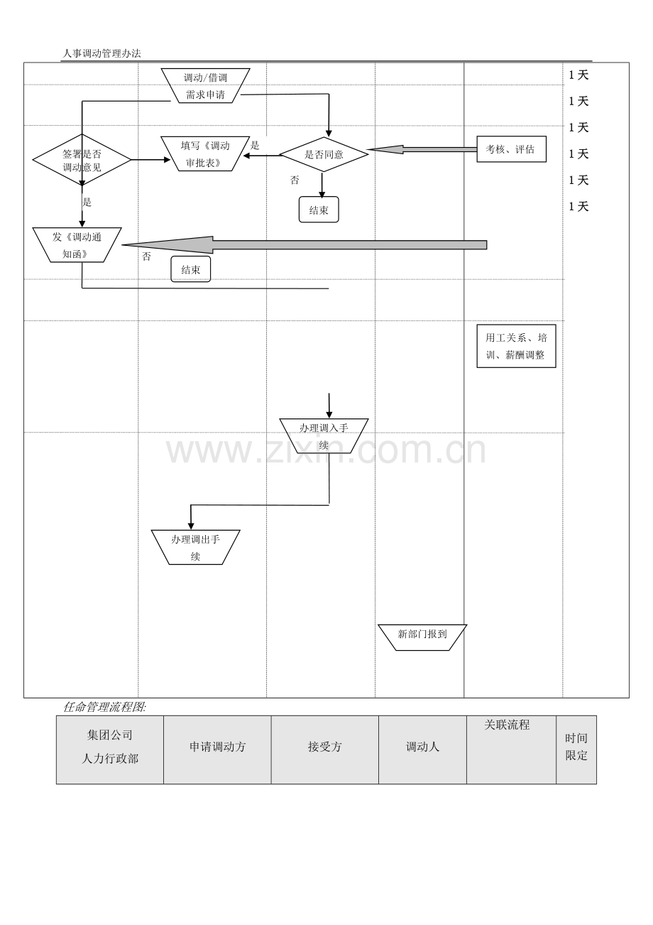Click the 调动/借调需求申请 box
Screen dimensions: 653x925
coord(205,85)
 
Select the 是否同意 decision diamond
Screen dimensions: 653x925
coord(324,154)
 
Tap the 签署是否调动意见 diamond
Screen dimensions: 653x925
coord(82,160)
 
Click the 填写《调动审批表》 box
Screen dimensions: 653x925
coord(205,153)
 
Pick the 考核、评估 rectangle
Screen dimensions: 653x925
coord(512,149)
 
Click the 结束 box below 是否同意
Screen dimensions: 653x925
coord(319,210)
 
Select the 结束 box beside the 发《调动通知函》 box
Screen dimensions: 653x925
coord(191,269)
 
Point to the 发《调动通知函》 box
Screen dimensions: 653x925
coord(77,245)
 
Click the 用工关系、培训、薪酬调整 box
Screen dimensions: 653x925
coord(516,346)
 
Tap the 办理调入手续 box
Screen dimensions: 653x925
coord(324,436)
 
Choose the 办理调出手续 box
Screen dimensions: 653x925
coord(195,547)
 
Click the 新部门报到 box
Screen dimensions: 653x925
coord(422,637)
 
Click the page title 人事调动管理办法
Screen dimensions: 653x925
coord(101,53)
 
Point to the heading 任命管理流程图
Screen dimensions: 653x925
coord(105,707)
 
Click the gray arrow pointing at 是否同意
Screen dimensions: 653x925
coord(422,149)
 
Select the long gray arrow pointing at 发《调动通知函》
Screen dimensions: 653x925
coord(304,245)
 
